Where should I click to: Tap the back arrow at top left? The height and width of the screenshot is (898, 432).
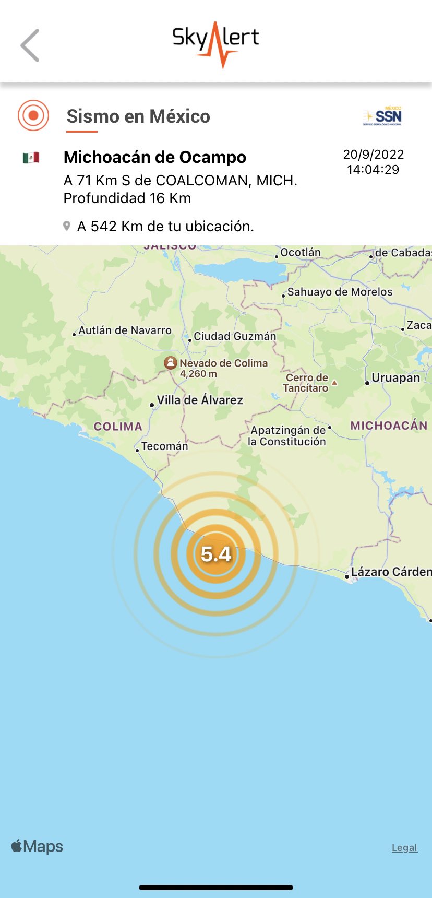(30, 45)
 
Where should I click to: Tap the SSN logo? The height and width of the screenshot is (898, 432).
(383, 116)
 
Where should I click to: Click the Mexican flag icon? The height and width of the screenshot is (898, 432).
(31, 157)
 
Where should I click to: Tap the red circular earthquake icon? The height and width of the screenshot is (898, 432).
(33, 115)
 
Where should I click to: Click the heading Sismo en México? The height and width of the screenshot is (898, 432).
(138, 116)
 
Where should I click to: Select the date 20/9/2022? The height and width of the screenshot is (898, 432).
(374, 155)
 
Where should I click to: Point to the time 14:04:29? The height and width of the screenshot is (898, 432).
(373, 170)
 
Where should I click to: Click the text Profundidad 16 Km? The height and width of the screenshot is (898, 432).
(127, 198)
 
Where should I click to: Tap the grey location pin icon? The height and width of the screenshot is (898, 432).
(67, 226)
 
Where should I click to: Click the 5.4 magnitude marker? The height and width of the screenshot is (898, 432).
(216, 554)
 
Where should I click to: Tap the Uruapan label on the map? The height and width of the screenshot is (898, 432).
(395, 378)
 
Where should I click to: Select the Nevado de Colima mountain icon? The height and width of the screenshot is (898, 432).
(170, 363)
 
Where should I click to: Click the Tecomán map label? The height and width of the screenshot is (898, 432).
(164, 446)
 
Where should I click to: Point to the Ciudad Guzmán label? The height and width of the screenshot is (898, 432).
(235, 336)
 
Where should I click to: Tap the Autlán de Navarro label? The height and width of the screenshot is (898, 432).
(125, 330)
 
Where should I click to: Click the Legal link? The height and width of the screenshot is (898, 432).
(404, 847)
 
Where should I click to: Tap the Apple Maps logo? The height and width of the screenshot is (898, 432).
(37, 846)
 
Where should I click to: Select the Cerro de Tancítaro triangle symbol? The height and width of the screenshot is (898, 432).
(334, 383)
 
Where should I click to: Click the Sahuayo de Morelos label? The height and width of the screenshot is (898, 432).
(340, 292)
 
